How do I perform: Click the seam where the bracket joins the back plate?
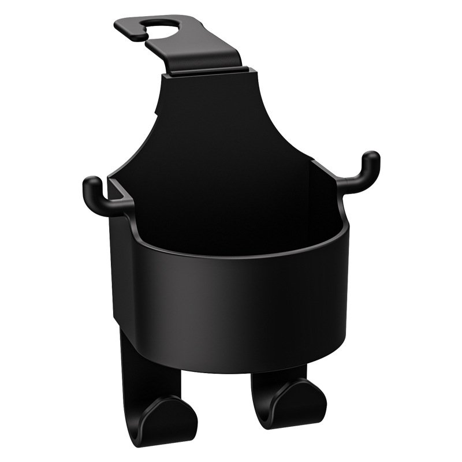[x=208, y=73]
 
